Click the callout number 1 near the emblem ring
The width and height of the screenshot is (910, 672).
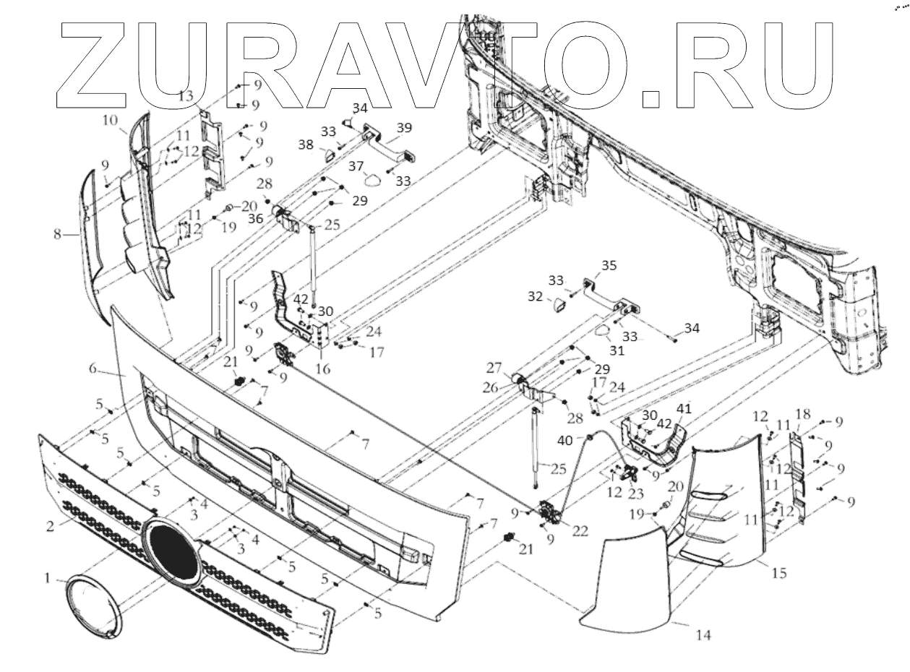[47, 579]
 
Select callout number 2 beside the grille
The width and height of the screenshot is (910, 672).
[50, 526]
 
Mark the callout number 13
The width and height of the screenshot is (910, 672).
[186, 95]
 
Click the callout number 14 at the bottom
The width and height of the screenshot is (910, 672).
[703, 635]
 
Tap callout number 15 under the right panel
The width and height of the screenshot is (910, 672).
[778, 574]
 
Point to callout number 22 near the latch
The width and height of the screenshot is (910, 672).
[580, 531]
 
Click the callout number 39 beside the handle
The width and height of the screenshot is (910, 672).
[404, 128]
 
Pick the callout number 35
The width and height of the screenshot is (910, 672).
[609, 265]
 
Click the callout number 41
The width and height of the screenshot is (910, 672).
[684, 408]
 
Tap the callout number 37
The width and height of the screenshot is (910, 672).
[356, 166]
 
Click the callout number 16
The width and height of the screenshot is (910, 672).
[322, 369]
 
